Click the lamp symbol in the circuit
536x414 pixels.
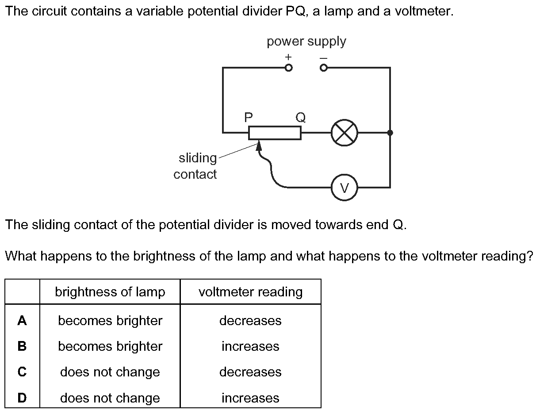[x=345, y=132]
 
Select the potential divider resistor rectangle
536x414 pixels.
[x=275, y=133]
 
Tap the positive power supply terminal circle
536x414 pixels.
[x=288, y=68]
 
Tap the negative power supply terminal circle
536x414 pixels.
[x=324, y=68]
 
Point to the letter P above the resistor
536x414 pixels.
[x=249, y=117]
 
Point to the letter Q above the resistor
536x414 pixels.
[x=300, y=117]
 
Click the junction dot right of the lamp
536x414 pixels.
[x=390, y=132]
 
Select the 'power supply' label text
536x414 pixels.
[x=306, y=42]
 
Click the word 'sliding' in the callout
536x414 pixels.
[x=198, y=158]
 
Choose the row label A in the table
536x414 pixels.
[x=22, y=321]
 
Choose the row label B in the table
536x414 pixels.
[x=22, y=346]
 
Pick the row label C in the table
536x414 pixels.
[x=22, y=372]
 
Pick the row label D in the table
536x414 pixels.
[x=22, y=398]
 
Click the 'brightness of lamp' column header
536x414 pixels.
[x=110, y=292]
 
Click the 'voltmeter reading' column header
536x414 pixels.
[x=251, y=292]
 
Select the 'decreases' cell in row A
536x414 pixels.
[x=250, y=321]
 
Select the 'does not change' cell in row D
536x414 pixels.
[x=110, y=398]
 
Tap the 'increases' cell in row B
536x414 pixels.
[x=250, y=346]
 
